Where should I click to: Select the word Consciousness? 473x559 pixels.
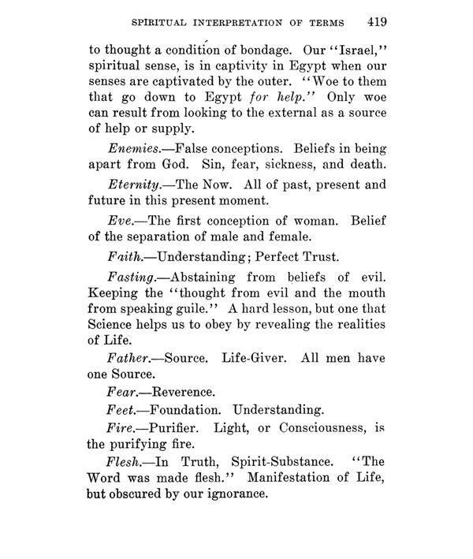[307, 430]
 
